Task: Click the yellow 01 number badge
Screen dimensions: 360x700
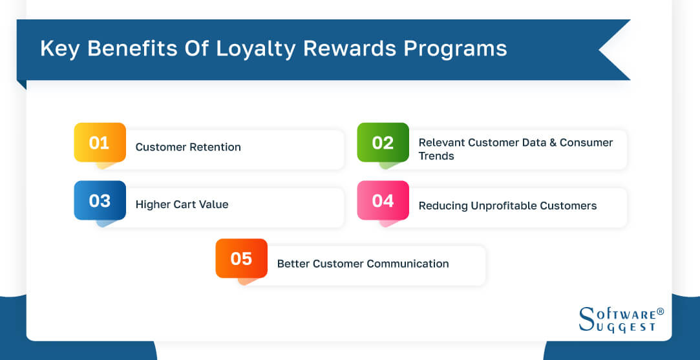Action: click(100, 142)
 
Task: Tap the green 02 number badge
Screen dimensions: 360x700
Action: click(383, 142)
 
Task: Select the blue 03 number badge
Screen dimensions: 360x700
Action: click(100, 200)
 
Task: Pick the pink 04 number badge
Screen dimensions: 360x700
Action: click(383, 200)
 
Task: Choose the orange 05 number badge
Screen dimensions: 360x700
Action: click(241, 259)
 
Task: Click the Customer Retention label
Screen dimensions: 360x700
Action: click(188, 147)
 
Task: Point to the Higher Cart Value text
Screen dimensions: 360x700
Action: click(182, 205)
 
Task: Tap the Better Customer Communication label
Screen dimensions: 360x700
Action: click(363, 264)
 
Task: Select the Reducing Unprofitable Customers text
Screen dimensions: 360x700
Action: click(507, 206)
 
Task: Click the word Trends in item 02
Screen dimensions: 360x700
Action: click(436, 156)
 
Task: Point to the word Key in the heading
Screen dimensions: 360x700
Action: click(59, 49)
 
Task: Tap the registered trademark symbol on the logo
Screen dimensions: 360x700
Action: click(660, 312)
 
